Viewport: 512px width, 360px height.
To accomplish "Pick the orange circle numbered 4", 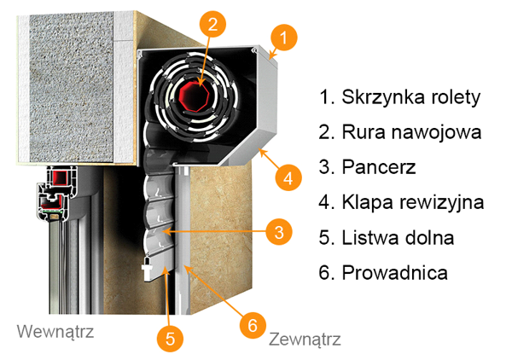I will tap(288, 179).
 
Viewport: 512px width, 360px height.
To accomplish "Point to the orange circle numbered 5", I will tap(172, 338).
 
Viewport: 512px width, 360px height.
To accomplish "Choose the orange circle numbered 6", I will tap(251, 324).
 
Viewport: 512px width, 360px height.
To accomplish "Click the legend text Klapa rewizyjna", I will tap(402, 203).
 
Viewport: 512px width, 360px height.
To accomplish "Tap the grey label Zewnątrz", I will tap(305, 340).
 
